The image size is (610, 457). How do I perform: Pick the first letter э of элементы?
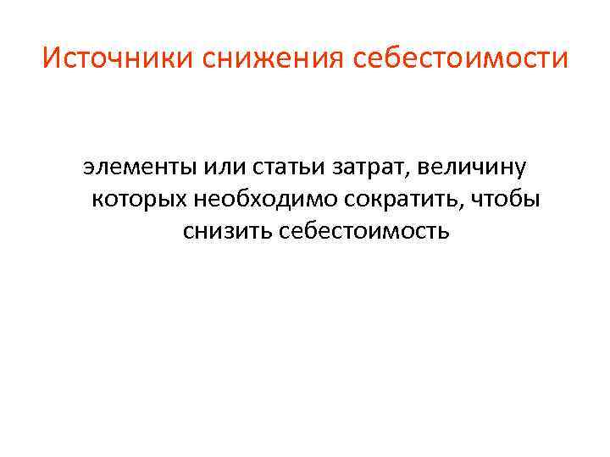coord(88,167)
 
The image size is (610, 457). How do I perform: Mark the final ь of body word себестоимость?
coord(442,231)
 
